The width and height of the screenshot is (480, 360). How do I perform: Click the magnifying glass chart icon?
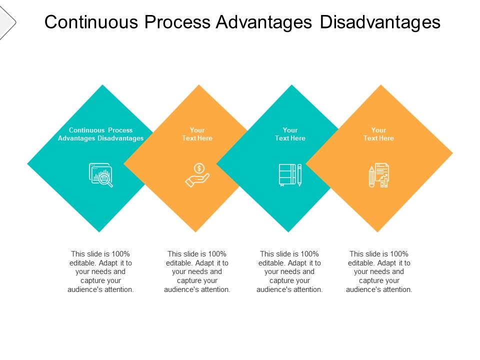coord(101,175)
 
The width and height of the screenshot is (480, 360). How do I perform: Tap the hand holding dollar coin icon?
coord(197,175)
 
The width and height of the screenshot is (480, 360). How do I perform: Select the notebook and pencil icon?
coord(290,175)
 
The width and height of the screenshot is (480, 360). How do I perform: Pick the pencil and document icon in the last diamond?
coord(379,175)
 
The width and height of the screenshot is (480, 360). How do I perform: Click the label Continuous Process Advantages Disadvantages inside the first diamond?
coord(101,134)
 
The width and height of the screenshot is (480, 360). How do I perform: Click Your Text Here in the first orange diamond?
coord(197,134)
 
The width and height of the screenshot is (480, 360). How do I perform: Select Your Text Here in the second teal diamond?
coord(290,134)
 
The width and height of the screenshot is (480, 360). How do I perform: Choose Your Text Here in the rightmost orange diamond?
coord(378,134)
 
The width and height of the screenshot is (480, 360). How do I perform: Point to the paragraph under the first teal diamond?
coord(101,271)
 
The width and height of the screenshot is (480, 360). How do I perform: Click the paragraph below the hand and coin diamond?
coord(197,271)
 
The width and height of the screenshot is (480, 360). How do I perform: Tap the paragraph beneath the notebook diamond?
coord(290,271)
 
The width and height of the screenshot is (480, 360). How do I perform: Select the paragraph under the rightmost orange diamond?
coord(379,271)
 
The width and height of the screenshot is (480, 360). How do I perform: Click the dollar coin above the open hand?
coord(199,167)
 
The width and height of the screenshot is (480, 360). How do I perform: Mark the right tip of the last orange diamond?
coord(451,153)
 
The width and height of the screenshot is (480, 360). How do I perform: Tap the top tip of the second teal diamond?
coord(291,85)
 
